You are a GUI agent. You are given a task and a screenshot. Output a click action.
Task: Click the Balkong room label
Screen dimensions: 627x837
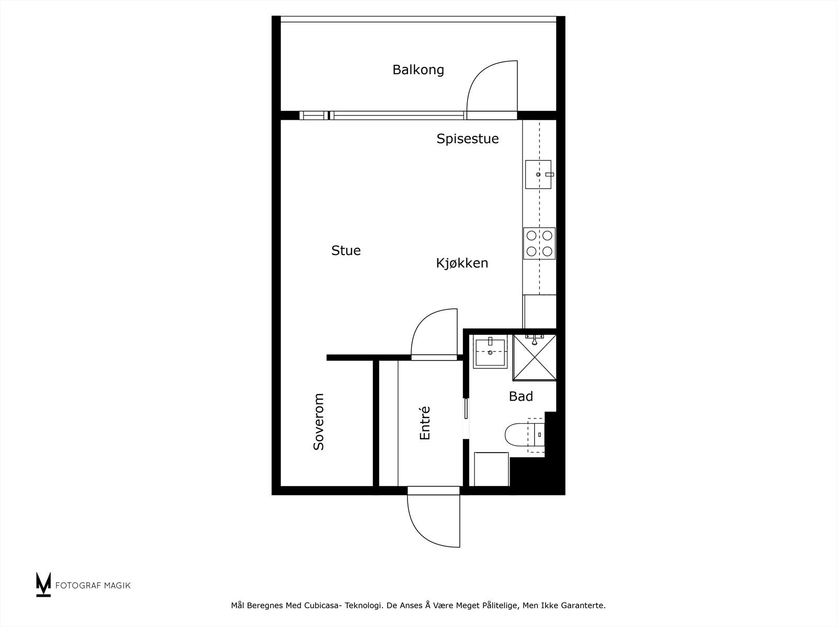(x=418, y=69)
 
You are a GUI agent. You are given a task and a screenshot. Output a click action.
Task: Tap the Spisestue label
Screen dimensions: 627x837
(x=468, y=138)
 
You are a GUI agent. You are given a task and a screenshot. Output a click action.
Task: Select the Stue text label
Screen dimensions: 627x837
(x=346, y=250)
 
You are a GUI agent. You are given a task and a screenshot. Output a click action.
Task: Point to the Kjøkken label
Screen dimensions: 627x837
(x=462, y=263)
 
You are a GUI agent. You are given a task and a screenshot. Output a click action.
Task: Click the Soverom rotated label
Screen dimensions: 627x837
(x=319, y=422)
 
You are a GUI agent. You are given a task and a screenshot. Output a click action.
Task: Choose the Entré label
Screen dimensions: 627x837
(x=425, y=423)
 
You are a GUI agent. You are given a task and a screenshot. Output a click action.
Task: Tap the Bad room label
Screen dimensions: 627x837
(x=521, y=397)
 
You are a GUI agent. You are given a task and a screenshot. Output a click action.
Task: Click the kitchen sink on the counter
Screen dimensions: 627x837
(x=538, y=174)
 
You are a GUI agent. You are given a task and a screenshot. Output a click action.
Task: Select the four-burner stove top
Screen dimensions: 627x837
(x=539, y=243)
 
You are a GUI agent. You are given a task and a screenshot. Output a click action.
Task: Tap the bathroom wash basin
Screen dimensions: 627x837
(x=490, y=353)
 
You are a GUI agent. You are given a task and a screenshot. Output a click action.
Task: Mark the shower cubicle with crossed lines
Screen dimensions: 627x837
(x=534, y=358)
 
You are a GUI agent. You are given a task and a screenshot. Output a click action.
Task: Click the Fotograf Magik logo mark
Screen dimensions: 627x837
(x=43, y=584)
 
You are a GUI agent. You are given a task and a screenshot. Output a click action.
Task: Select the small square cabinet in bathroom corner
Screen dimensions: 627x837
(x=491, y=469)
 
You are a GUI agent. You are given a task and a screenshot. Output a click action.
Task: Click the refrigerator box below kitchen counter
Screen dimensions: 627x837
(x=540, y=311)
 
